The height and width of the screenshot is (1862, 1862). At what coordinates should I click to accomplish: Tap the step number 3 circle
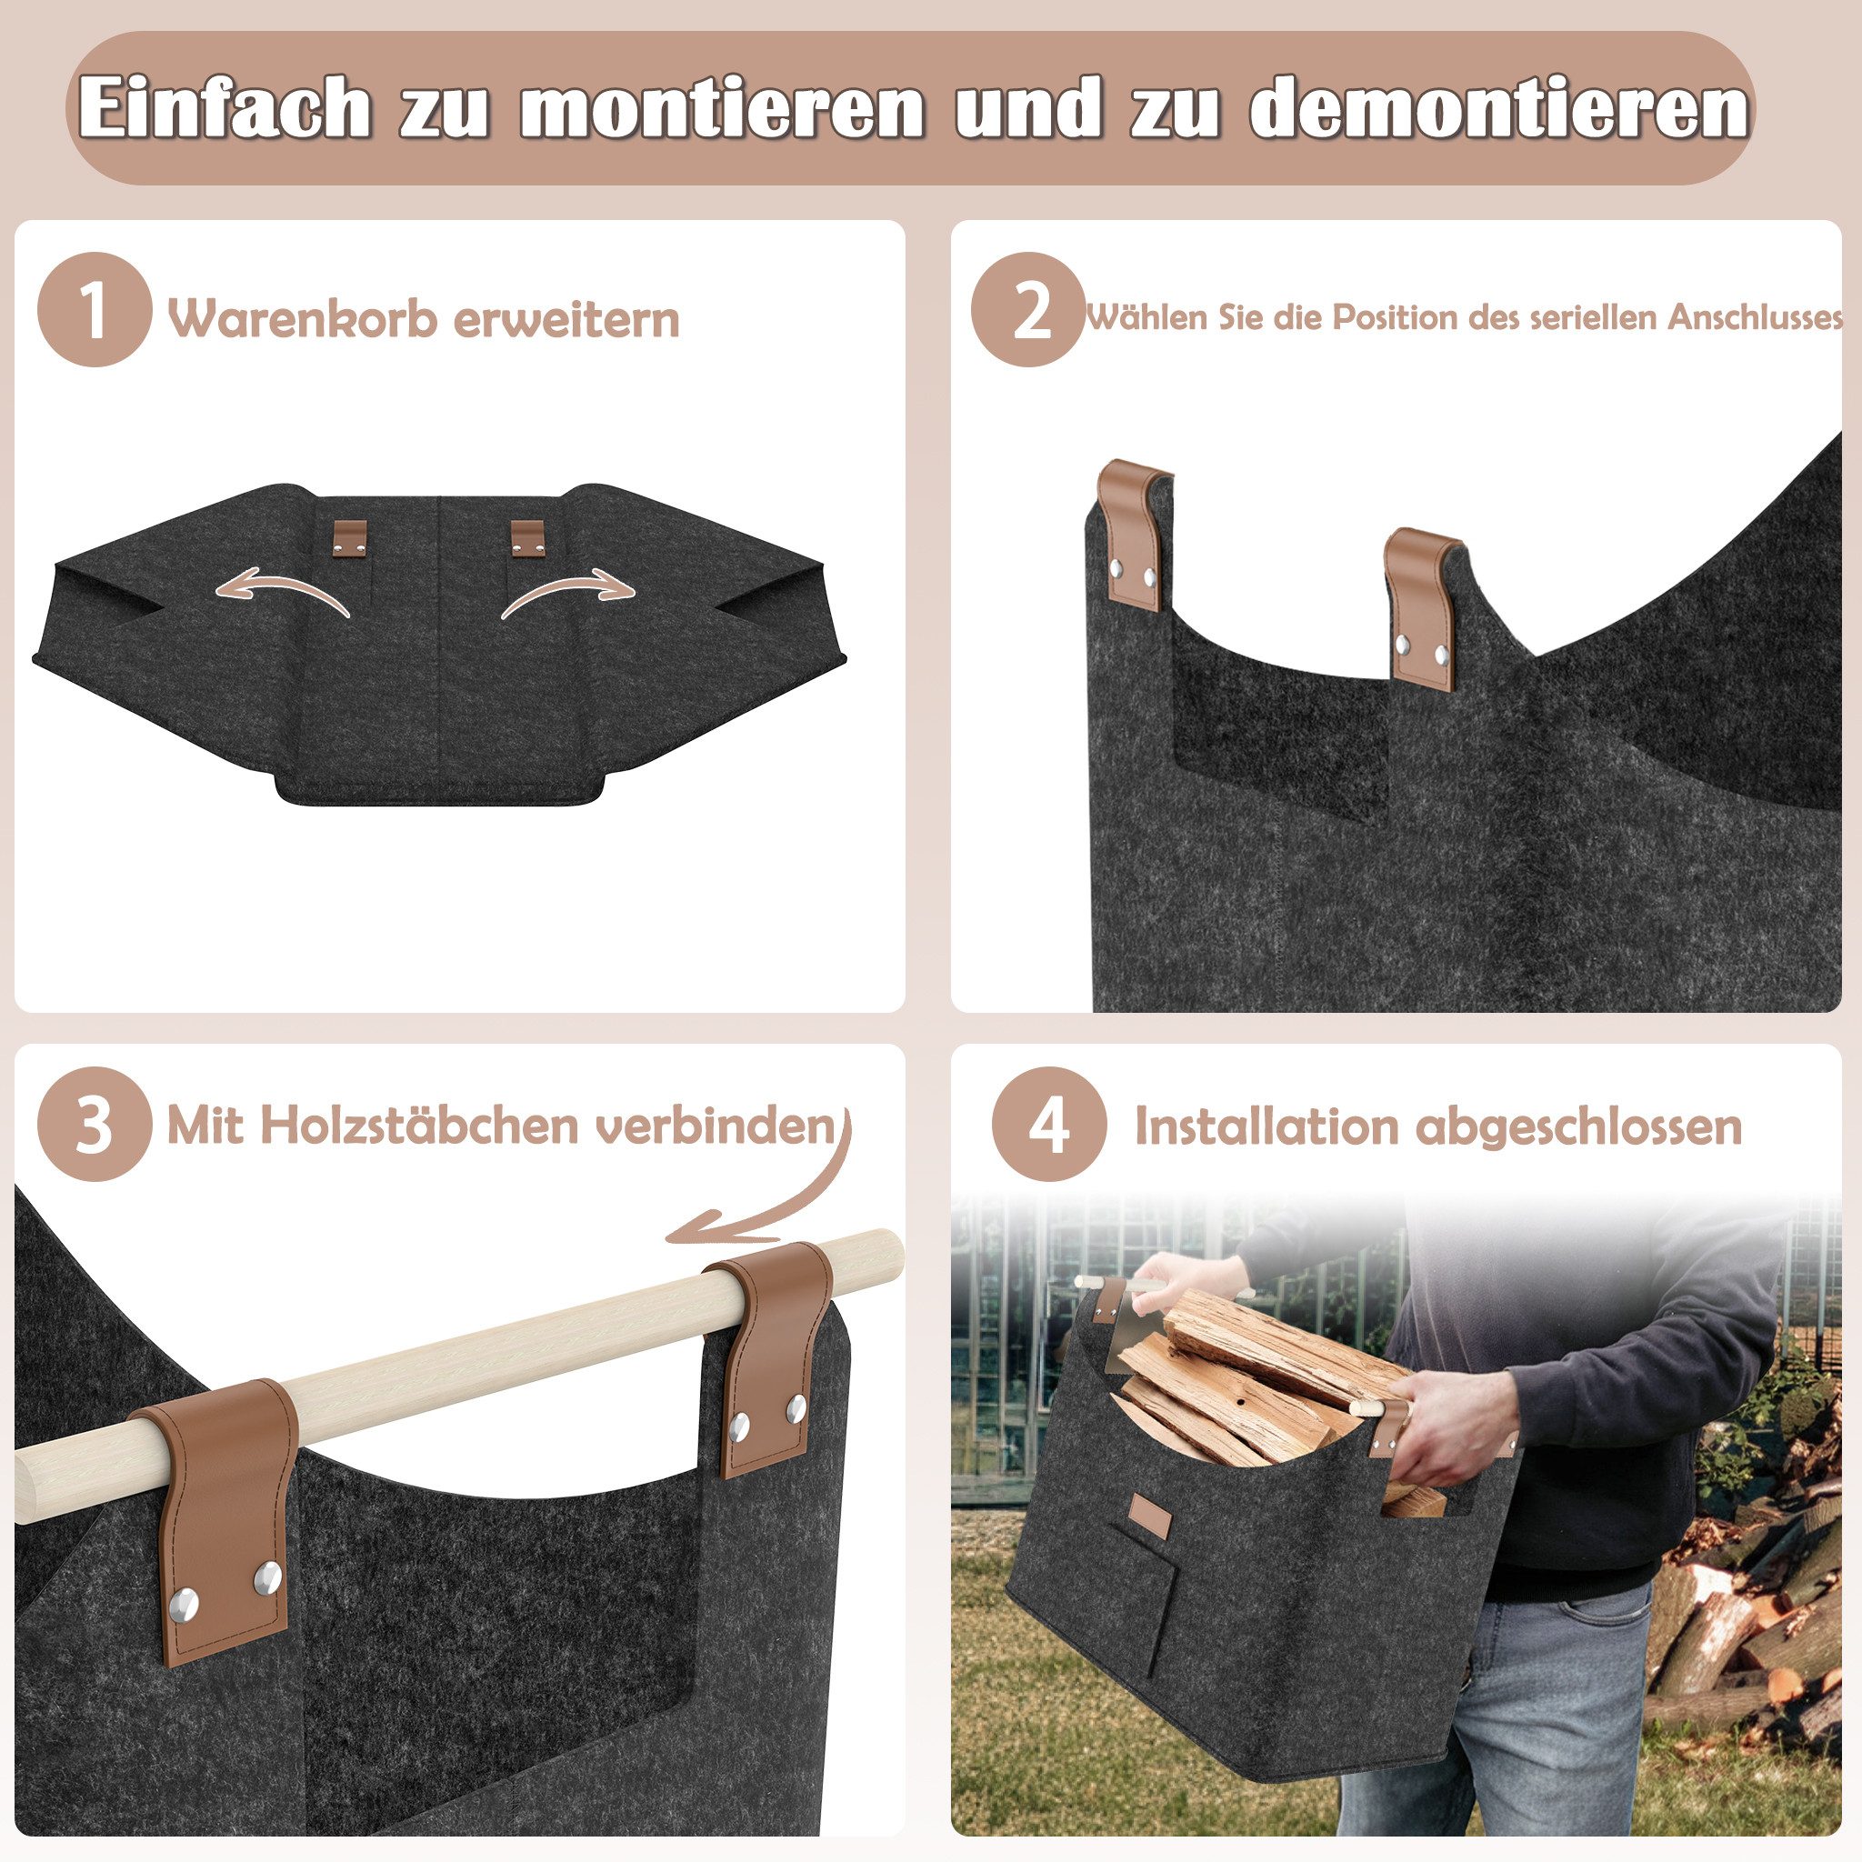(94, 1125)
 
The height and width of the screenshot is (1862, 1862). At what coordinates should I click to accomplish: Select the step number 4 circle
(1048, 1125)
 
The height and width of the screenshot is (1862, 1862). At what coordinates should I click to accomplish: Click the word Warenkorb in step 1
(301, 318)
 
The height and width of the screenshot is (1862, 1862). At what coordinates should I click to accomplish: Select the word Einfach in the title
(225, 107)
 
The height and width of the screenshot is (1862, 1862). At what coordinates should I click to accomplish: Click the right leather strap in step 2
(1422, 607)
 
